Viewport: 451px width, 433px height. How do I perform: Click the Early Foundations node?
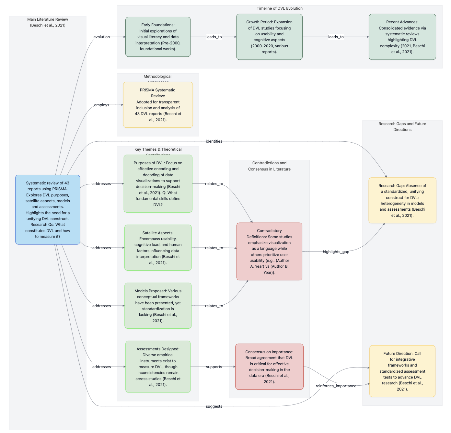[x=158, y=37]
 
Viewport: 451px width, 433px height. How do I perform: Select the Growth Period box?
[x=269, y=37]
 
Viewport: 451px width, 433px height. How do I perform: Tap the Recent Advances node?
[x=402, y=37]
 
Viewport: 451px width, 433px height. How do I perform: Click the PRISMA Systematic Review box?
[x=158, y=105]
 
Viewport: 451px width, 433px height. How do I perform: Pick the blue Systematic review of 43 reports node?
[x=48, y=210]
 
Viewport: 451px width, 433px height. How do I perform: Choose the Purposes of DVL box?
[x=158, y=184]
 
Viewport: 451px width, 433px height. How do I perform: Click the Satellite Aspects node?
[x=158, y=248]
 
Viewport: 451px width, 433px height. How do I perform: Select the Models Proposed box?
[x=158, y=306]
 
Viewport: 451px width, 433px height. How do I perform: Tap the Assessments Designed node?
[x=158, y=367]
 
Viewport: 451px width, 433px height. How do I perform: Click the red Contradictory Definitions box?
[x=269, y=252]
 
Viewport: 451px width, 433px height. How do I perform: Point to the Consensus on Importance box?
[x=269, y=367]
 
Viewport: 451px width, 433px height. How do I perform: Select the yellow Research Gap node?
[x=402, y=200]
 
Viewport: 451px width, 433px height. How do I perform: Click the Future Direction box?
[x=402, y=371]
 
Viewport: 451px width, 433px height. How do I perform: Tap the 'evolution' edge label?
[x=101, y=37]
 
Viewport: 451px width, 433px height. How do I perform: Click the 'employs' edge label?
[x=101, y=105]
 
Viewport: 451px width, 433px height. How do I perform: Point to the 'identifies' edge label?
[x=214, y=141]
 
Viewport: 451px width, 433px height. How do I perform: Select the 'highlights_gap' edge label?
[x=336, y=252]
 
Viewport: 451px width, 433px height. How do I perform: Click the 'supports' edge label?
[x=214, y=367]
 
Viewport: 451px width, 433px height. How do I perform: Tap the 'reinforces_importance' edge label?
[x=336, y=386]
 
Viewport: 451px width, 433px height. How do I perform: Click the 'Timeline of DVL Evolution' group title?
[x=279, y=8]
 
